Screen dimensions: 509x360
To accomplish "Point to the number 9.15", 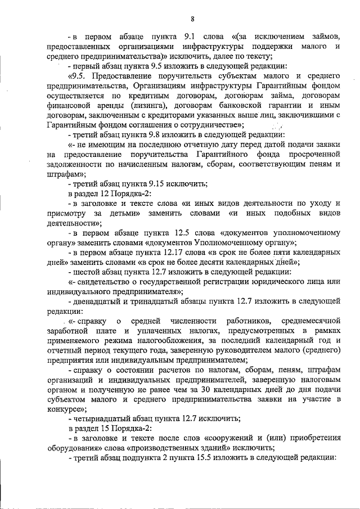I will (x=150, y=183).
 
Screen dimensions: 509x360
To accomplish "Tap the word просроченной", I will (x=312, y=154).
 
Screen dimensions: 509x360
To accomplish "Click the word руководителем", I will (x=246, y=350).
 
